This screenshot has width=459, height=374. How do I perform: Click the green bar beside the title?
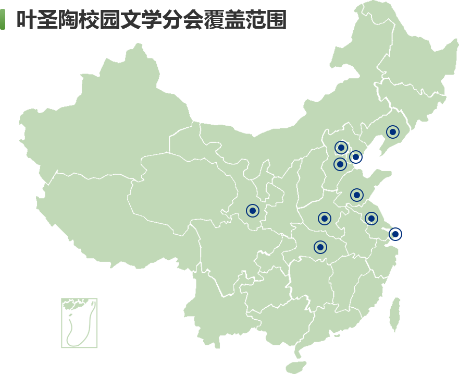[x=2, y=19]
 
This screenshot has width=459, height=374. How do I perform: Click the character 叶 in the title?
[x=27, y=20]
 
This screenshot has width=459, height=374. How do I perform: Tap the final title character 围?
[x=277, y=20]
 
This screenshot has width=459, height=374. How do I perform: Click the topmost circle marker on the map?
[x=393, y=132]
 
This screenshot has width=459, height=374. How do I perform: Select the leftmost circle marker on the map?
[x=253, y=211]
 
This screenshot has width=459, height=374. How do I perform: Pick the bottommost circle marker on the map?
[x=320, y=247]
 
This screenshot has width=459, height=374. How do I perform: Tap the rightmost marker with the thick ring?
[x=395, y=234]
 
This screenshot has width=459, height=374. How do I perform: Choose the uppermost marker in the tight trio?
[x=341, y=148]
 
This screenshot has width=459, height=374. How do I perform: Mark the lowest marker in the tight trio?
[x=340, y=164]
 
